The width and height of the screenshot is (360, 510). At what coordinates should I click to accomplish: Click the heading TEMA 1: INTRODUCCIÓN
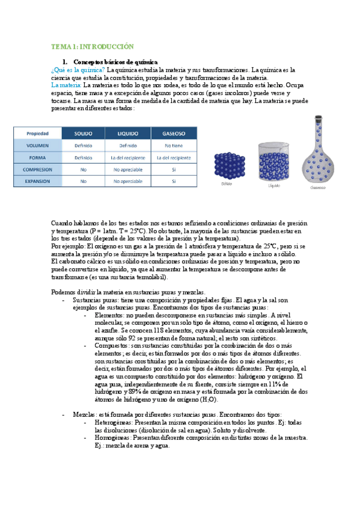click(x=91, y=46)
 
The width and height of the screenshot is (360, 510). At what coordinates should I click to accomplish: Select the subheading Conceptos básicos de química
click(x=115, y=62)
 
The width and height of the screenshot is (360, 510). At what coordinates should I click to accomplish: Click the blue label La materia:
click(x=67, y=85)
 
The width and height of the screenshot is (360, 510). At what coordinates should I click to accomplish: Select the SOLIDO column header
click(x=83, y=133)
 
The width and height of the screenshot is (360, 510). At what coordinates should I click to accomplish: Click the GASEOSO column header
click(x=173, y=133)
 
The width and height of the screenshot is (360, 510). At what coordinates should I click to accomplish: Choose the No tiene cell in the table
click(x=173, y=145)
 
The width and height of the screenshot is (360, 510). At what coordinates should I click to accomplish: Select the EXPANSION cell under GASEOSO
click(x=173, y=180)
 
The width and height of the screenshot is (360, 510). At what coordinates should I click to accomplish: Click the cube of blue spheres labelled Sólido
click(x=227, y=163)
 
